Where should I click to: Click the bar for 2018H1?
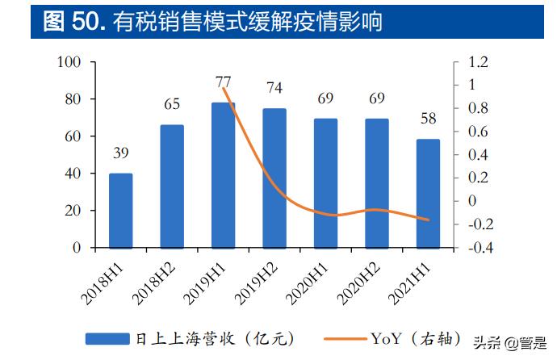point(121,211)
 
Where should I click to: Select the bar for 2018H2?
point(172,186)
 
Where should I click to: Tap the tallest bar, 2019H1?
point(224,175)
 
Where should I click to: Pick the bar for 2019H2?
point(274,178)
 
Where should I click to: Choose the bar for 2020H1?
point(326,183)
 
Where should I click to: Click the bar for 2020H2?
point(377,183)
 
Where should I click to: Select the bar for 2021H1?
point(429,194)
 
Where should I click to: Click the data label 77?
point(224,82)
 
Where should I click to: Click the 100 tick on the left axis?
point(71,62)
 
